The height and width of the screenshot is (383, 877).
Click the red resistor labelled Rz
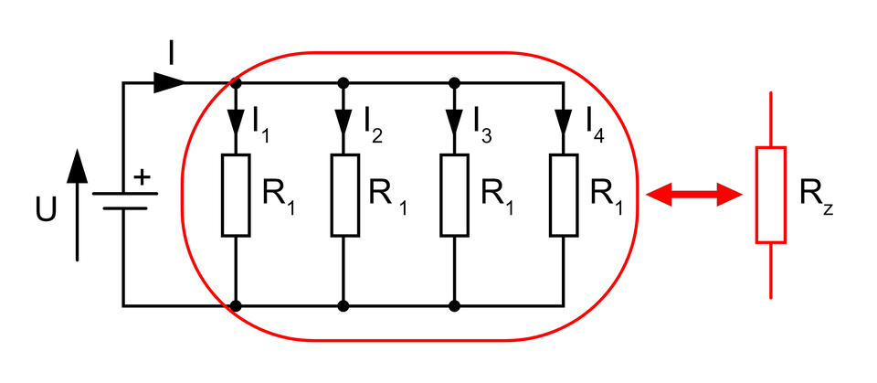[770, 194]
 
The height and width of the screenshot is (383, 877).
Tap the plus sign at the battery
[142, 176]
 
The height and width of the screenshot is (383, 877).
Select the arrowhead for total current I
[168, 83]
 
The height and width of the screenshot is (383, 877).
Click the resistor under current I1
[236, 194]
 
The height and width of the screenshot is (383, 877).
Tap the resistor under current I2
[344, 194]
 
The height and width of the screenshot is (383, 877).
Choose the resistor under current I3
[454, 194]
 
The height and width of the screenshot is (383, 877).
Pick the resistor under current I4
[563, 194]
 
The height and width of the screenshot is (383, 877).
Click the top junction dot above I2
[344, 83]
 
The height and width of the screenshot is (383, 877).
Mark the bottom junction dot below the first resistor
[236, 305]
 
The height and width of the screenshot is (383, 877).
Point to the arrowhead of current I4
[563, 121]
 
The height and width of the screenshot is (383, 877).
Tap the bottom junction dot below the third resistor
[454, 305]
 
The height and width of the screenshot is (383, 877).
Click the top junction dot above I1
[236, 83]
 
